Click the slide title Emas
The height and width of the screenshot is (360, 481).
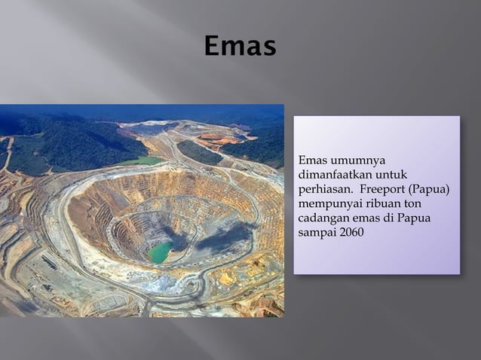(240, 47)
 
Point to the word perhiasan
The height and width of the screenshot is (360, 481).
(323, 189)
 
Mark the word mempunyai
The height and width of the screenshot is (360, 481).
(329, 203)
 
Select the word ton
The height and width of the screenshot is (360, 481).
(415, 203)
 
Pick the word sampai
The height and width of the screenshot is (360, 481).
(315, 232)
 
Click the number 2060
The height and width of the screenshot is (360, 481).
(351, 232)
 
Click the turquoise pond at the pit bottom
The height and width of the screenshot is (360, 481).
(159, 252)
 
